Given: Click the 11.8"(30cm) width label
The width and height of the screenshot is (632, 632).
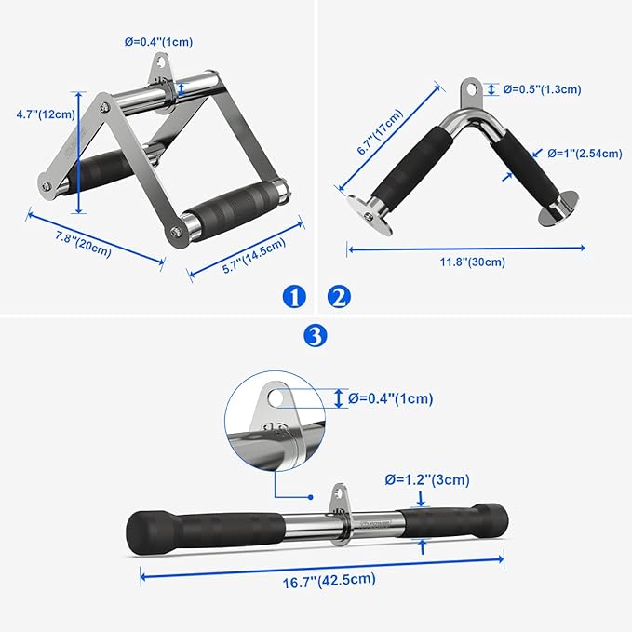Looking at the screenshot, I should click(x=466, y=262).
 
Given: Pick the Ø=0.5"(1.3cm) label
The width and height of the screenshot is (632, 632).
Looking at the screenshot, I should click(x=543, y=89).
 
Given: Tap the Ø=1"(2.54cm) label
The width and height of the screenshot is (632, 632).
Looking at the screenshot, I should click(x=584, y=154).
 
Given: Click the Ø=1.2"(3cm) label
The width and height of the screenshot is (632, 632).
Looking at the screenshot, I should click(x=427, y=480).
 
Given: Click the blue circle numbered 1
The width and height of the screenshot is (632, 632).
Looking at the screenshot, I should click(x=294, y=297).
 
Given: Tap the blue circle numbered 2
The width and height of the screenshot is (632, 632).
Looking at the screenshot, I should click(x=339, y=297).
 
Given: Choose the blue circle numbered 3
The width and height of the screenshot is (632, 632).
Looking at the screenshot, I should click(x=316, y=336).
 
